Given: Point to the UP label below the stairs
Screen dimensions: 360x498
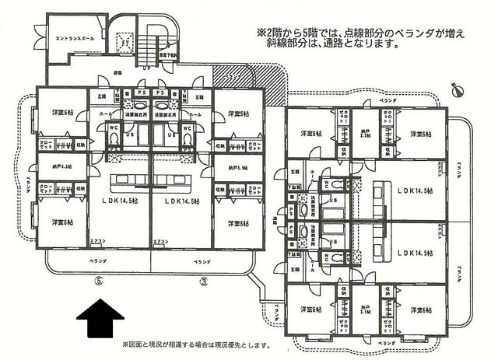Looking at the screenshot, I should pyautogui.click(x=147, y=67).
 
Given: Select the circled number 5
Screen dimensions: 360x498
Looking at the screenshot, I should pyautogui.click(x=98, y=281).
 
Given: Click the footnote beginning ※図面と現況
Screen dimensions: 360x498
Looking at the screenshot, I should pyautogui.click(x=195, y=344).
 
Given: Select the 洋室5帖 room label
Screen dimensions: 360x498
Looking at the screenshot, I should pyautogui.click(x=233, y=114).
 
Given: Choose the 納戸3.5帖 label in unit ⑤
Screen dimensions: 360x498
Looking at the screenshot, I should pyautogui.click(x=61, y=167).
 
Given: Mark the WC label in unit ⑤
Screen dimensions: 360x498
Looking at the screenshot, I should pyautogui.click(x=114, y=128).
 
